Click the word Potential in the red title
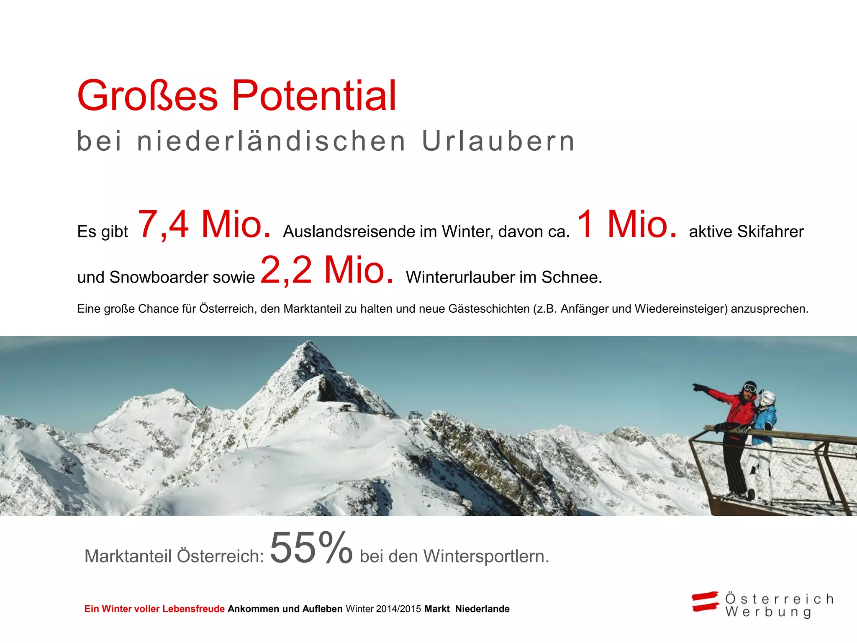click(x=314, y=96)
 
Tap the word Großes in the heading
click(x=147, y=96)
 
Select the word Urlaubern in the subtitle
click(x=498, y=141)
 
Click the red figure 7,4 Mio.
click(x=204, y=225)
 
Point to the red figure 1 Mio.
click(x=626, y=225)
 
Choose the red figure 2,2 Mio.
click(x=327, y=270)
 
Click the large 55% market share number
click(x=311, y=548)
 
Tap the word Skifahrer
click(x=770, y=232)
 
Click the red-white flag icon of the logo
click(x=705, y=602)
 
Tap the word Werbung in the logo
click(x=768, y=612)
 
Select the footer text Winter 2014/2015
click(x=383, y=609)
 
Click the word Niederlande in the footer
click(x=482, y=609)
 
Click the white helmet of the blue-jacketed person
click(x=768, y=397)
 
